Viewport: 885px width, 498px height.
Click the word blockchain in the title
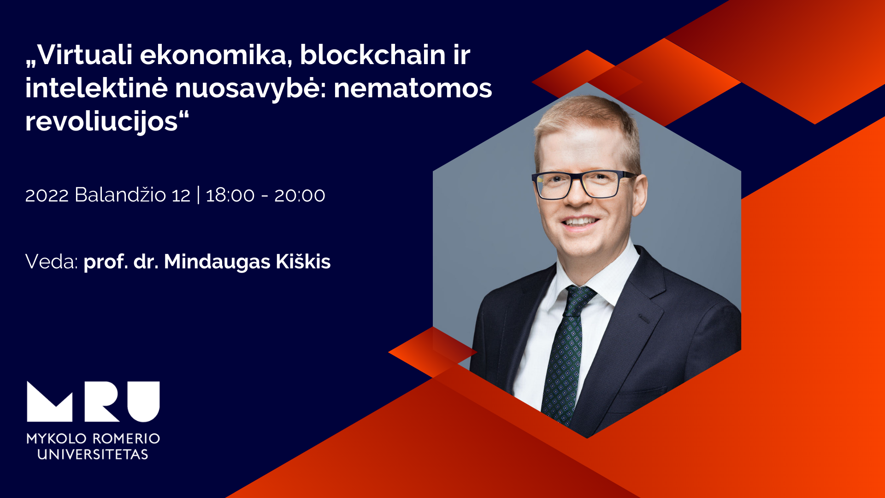pos(372,55)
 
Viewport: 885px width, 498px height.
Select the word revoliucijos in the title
pos(101,122)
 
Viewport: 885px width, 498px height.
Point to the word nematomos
pos(413,88)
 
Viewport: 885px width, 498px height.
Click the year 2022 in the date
pos(47,196)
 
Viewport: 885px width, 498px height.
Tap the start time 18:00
pos(230,196)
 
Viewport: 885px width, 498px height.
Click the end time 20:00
pos(300,196)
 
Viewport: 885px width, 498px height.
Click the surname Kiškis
pos(303,261)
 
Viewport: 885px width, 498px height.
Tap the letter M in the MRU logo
pos(50,402)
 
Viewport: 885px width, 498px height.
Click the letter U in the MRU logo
pos(143,402)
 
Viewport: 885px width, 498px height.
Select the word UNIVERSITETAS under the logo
pos(93,454)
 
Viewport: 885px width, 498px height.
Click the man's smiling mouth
pos(580,222)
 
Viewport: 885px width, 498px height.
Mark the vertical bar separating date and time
pos(198,195)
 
